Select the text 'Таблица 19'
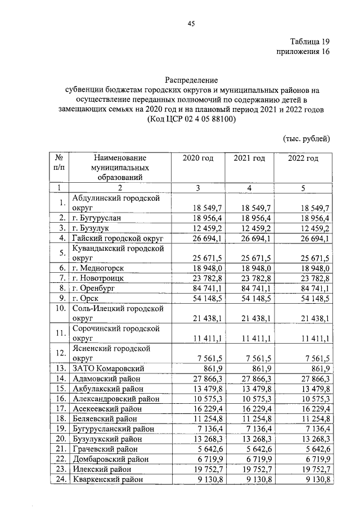point(309,42)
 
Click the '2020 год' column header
point(198,158)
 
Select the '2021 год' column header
point(249,158)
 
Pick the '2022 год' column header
point(303,158)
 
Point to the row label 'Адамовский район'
point(106,379)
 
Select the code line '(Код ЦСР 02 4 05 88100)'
point(191,120)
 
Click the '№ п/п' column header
point(59,163)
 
